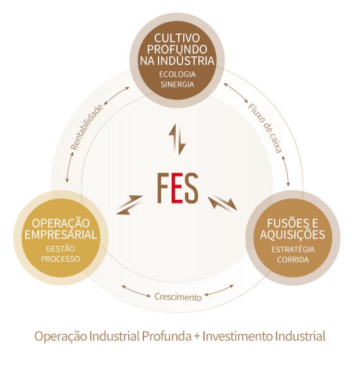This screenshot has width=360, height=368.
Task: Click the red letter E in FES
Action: [177, 188]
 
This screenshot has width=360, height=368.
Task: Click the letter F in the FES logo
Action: [164, 188]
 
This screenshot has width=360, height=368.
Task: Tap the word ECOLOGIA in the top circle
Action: [177, 75]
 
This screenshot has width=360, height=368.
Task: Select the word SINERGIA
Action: [177, 85]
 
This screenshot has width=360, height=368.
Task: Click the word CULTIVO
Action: [177, 38]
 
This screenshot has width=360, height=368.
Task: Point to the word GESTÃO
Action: [61, 248]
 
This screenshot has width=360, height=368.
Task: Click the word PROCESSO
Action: [61, 259]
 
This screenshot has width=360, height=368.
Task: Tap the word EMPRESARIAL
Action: [61, 235]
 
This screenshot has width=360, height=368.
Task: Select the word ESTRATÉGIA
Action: [293, 249]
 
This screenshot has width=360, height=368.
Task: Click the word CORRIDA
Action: [293, 260]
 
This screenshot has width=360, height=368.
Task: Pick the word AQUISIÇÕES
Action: [292, 235]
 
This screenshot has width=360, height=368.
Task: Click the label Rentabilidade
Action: [87, 128]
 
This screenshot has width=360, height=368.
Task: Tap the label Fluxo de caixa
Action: [265, 128]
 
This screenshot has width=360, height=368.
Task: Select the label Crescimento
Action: [178, 297]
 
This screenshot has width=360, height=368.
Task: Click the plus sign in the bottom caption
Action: [196, 337]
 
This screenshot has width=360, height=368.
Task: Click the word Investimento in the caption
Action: [237, 336]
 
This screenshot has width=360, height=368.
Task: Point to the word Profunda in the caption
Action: [166, 336]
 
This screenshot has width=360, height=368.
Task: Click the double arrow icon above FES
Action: [177, 139]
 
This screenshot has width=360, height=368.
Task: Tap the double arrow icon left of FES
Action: [129, 205]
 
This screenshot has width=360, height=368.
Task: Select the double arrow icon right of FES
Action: [223, 203]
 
